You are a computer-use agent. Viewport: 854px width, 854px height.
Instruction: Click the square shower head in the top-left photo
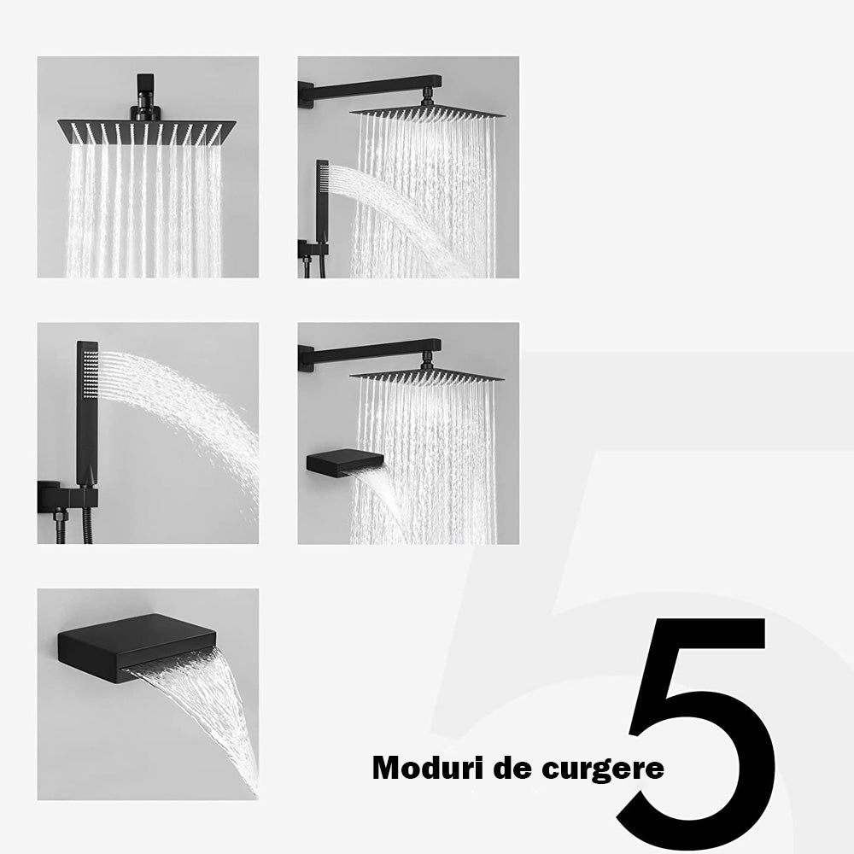pyautogui.click(x=147, y=132)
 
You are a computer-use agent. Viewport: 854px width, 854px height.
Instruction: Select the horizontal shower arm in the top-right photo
pyautogui.click(x=371, y=87)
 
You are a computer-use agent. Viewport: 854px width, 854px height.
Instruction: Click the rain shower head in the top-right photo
pyautogui.click(x=426, y=113)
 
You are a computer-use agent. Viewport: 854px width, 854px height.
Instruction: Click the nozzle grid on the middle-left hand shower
pyautogui.click(x=91, y=372)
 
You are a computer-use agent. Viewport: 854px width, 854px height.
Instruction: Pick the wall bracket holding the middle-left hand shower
pyautogui.click(x=68, y=497)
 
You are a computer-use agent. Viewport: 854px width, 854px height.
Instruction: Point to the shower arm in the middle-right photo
pyautogui.click(x=371, y=353)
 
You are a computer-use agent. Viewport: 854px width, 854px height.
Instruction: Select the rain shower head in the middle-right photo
pyautogui.click(x=426, y=377)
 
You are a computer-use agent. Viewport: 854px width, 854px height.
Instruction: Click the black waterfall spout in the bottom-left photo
pyautogui.click(x=137, y=644)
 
